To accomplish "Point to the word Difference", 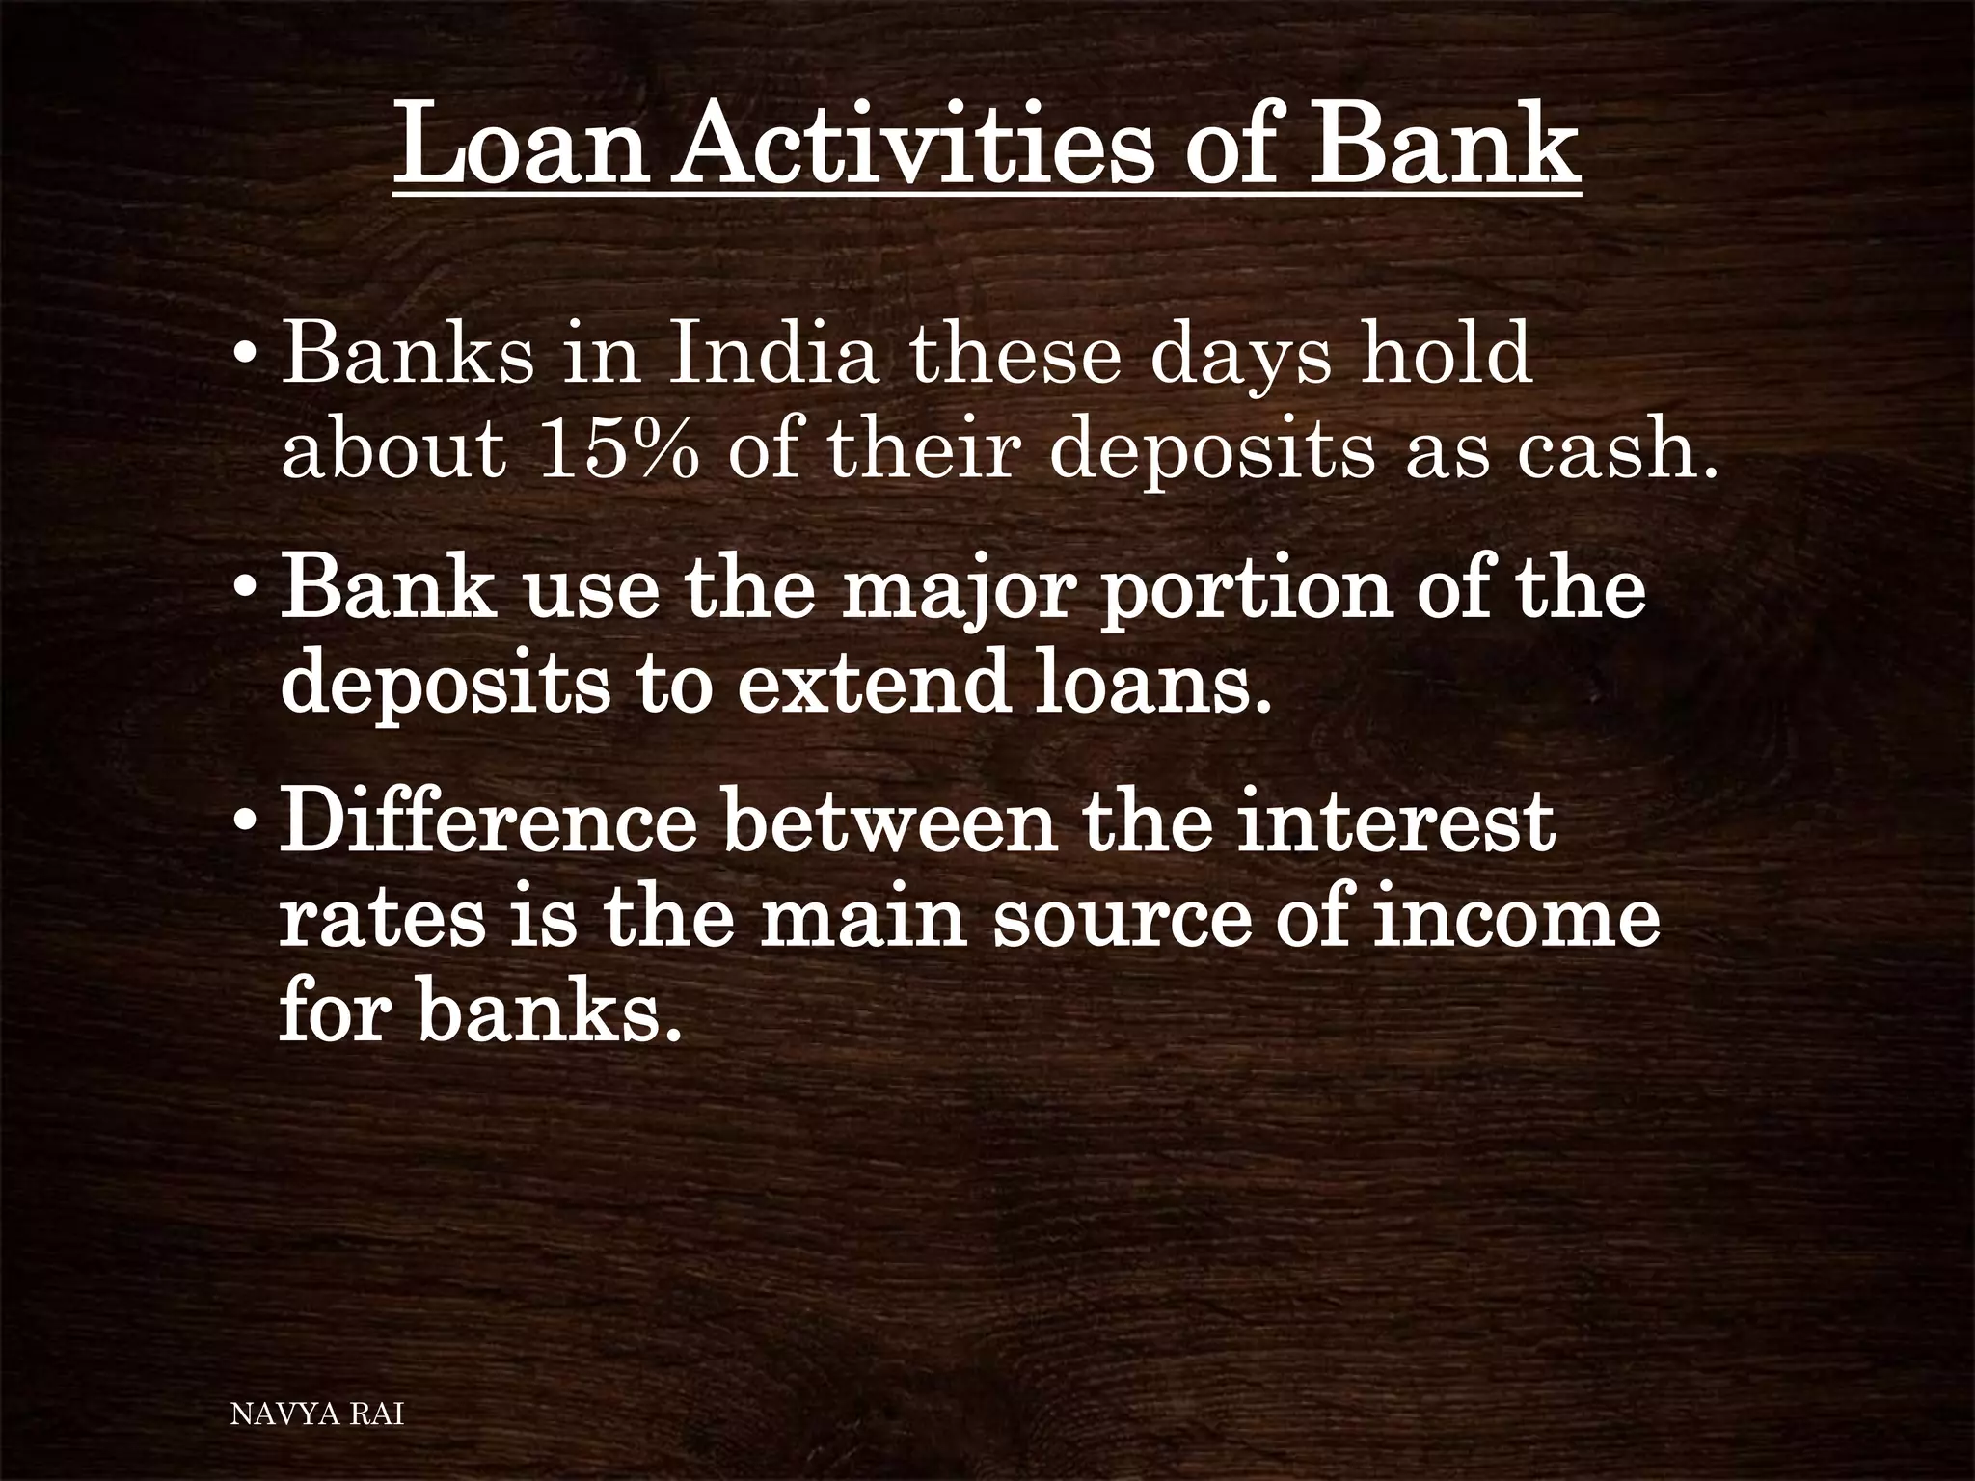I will tap(488, 825).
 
